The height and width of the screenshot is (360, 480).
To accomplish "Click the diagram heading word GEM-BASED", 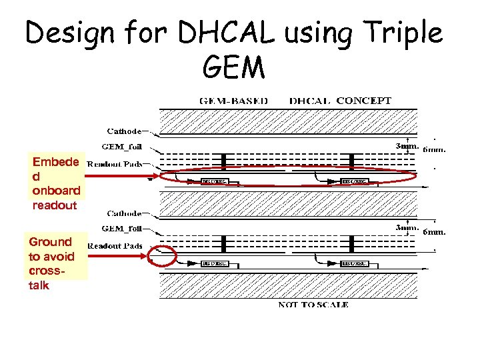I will tap(234, 101).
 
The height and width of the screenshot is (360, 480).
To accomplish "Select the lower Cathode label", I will tap(125, 214).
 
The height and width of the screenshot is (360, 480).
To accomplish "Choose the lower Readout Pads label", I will tap(115, 246).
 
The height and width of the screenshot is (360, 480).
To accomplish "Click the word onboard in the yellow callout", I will tap(56, 191).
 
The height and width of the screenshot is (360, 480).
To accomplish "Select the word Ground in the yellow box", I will tap(50, 242).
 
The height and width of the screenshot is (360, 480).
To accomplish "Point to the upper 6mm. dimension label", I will tap(434, 149).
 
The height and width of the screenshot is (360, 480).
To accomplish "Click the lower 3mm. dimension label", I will tap(406, 228).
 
